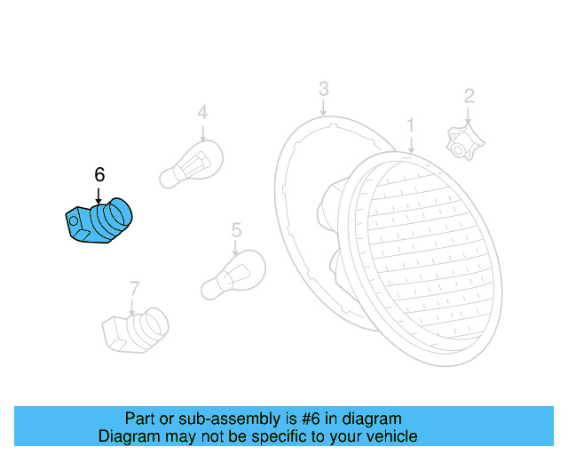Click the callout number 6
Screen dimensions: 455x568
tap(99, 174)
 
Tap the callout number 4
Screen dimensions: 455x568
tap(202, 113)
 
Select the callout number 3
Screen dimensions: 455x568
tap(324, 89)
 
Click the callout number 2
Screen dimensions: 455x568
tap(469, 95)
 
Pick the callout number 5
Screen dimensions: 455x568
tap(236, 230)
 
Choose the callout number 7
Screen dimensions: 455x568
tap(134, 288)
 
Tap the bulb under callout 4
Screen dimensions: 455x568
tap(187, 167)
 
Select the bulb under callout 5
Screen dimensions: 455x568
tap(233, 275)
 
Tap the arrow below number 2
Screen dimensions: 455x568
tap(469, 115)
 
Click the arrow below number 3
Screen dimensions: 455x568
tap(324, 108)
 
